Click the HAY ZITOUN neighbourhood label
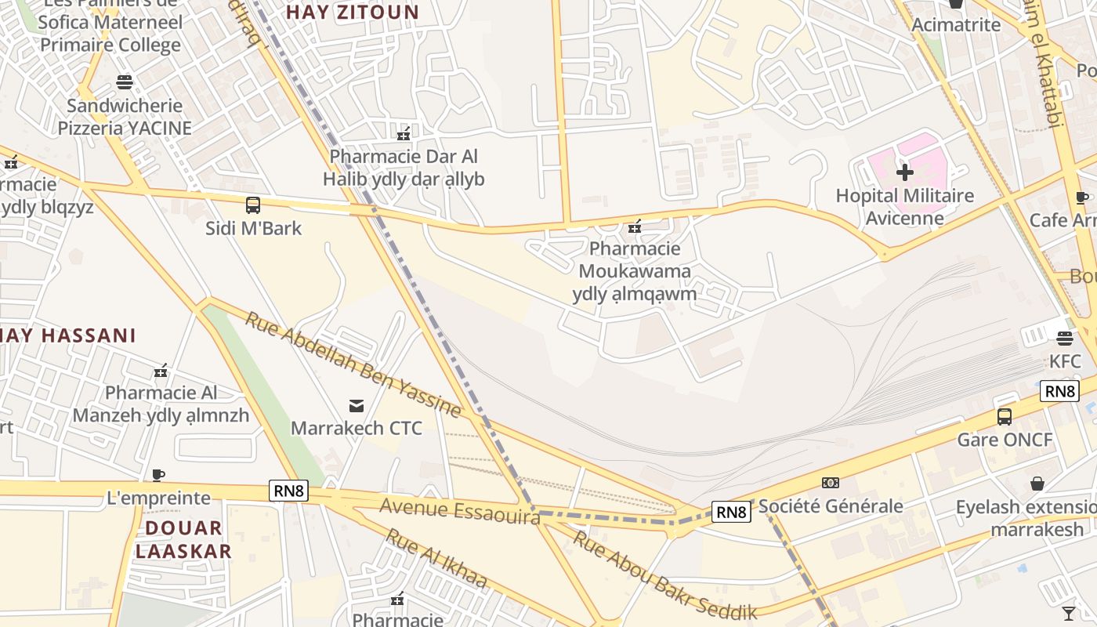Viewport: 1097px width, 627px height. click(353, 12)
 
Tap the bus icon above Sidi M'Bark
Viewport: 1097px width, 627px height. click(252, 205)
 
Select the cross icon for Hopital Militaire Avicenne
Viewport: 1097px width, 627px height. click(905, 172)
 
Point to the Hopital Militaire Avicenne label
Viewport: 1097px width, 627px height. click(905, 206)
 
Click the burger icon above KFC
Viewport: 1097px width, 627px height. click(1064, 339)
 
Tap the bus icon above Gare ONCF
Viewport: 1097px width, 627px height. click(1005, 416)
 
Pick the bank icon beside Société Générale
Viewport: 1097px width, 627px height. click(831, 483)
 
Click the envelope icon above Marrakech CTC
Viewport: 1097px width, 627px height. click(357, 405)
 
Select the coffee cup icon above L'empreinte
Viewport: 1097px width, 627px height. click(158, 475)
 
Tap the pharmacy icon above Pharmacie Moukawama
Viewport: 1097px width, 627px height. click(635, 227)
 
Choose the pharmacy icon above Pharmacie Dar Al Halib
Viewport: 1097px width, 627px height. click(404, 133)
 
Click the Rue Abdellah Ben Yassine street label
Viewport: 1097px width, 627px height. click(353, 364)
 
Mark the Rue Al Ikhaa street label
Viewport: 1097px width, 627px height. click(437, 560)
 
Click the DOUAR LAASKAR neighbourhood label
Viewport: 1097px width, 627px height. click(183, 539)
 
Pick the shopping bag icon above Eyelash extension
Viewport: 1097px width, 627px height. click(1037, 483)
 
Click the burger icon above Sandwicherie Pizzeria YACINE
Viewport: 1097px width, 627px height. click(125, 82)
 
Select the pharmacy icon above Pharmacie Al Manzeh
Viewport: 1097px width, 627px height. click(161, 370)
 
